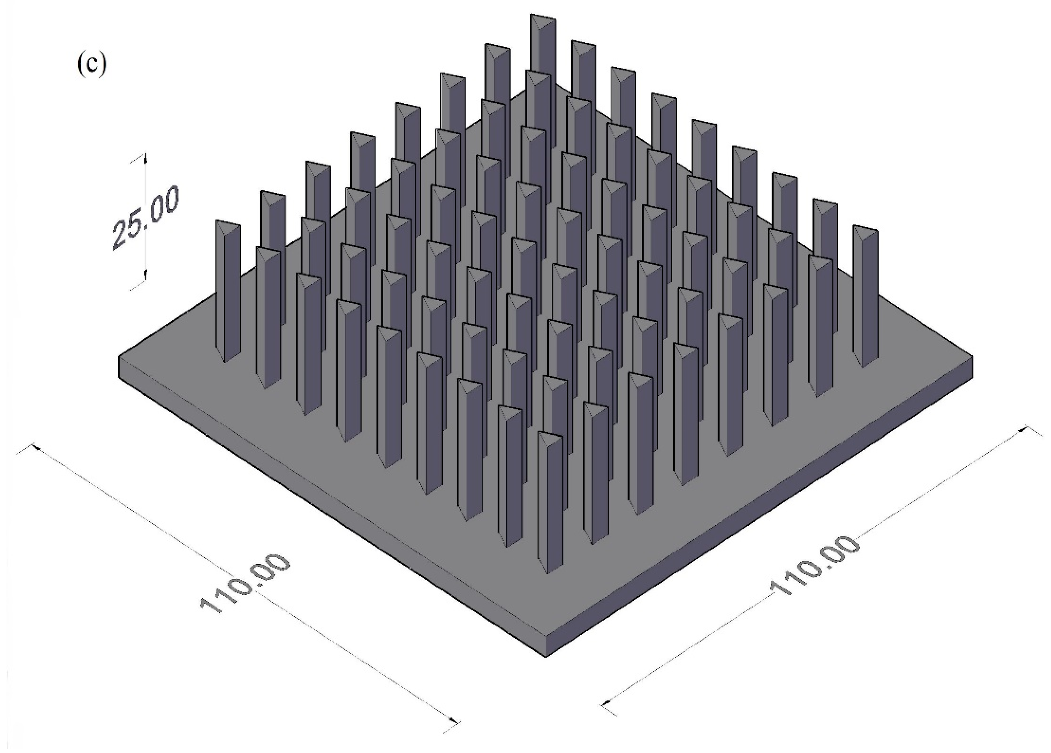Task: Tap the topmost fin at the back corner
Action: tap(543, 69)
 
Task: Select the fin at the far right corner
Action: tap(865, 297)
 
